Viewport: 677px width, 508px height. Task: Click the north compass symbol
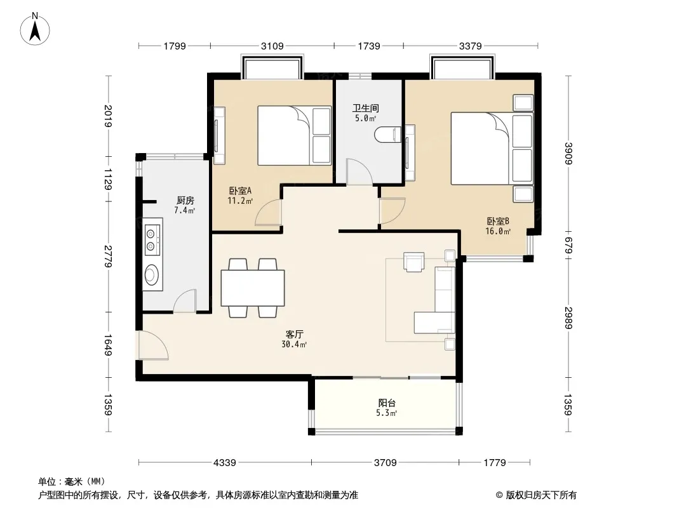(35, 29)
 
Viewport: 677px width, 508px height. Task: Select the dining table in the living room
(253, 288)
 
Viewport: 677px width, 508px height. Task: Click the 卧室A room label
(240, 190)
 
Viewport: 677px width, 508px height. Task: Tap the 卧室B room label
(499, 221)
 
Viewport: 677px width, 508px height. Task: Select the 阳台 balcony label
(387, 403)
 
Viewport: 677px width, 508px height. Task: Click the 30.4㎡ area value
(294, 344)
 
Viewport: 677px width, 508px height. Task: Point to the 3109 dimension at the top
(272, 46)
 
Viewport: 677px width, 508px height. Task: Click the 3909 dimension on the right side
(568, 153)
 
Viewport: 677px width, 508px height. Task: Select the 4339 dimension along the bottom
(225, 463)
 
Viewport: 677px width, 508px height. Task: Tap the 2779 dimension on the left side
(109, 257)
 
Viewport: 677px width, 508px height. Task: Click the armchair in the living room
(414, 262)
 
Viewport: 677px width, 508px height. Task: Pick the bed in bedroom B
(492, 149)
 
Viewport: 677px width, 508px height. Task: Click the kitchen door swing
(185, 300)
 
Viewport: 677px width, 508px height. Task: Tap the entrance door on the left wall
(151, 345)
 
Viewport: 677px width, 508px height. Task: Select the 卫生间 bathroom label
(366, 108)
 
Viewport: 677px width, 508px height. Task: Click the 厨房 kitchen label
(185, 200)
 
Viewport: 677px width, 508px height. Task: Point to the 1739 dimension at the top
(369, 46)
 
